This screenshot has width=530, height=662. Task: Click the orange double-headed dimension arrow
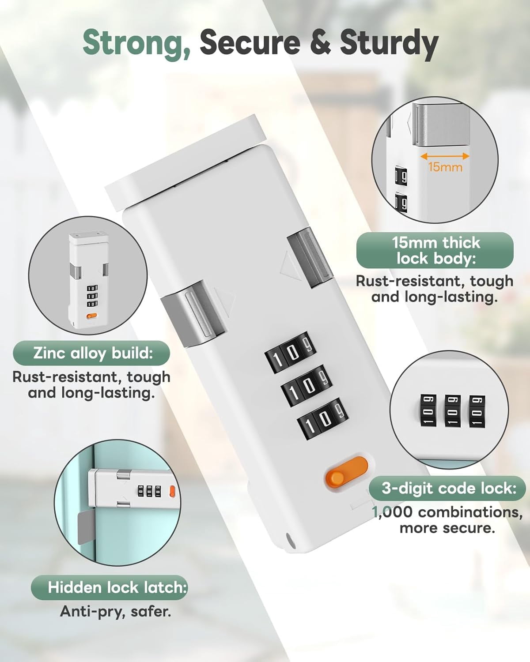(x=445, y=156)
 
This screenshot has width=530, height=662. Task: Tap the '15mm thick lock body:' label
(x=435, y=250)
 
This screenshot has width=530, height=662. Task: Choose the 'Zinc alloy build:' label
(x=91, y=353)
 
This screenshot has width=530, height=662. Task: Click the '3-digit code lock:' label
(x=448, y=488)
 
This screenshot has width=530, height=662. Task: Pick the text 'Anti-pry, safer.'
(x=115, y=611)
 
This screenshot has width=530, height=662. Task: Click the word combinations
(x=470, y=512)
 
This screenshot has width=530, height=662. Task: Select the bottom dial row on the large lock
(x=322, y=419)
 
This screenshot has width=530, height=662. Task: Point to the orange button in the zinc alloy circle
(x=91, y=316)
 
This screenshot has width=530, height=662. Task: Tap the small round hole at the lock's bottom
(x=291, y=546)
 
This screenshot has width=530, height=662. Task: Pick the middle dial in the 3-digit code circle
(x=453, y=411)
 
